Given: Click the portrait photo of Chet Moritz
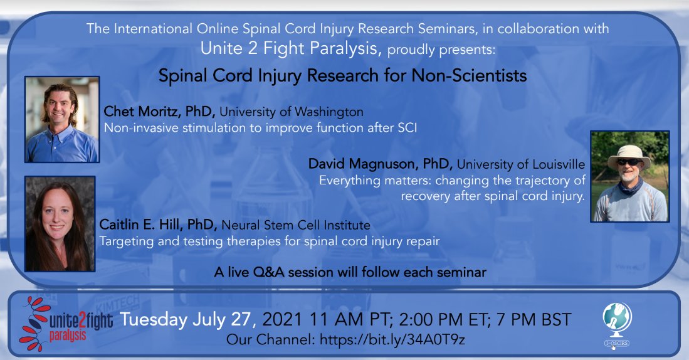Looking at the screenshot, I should pyautogui.click(x=61, y=119).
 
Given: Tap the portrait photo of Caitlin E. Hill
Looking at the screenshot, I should pyautogui.click(x=60, y=223).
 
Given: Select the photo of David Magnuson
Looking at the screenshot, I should pyautogui.click(x=629, y=176).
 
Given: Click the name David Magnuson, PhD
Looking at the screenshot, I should pyautogui.click(x=381, y=164).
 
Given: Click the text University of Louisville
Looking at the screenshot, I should pyautogui.click(x=522, y=164).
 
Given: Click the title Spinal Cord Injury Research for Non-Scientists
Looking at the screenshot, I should pyautogui.click(x=342, y=76).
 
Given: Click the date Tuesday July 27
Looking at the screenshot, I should pyautogui.click(x=187, y=319).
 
